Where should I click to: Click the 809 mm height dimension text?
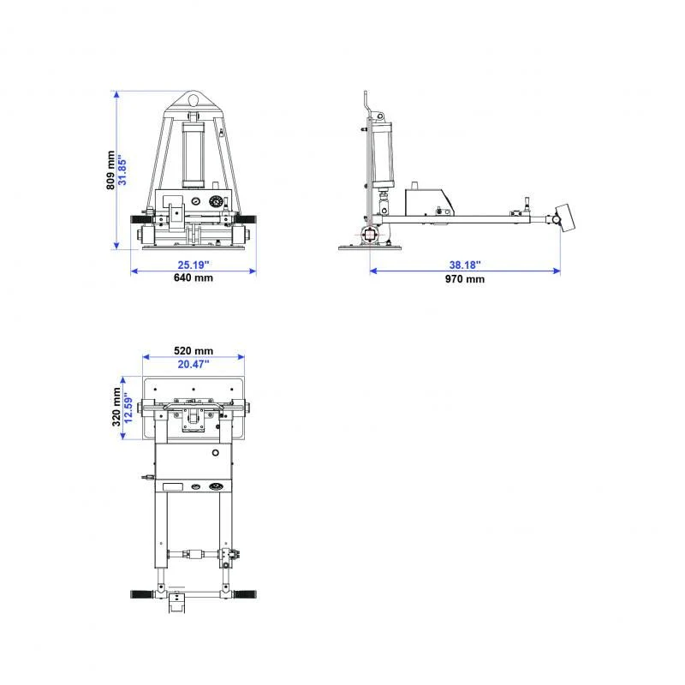[x=110, y=170]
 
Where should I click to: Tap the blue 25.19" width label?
[x=194, y=265]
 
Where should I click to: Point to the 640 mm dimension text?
[x=194, y=277]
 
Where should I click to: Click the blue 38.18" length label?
[x=465, y=265]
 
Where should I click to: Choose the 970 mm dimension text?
[x=465, y=279]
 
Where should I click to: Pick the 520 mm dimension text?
[x=194, y=351]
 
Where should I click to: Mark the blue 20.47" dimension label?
[x=194, y=364]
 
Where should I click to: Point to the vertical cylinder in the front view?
[x=194, y=154]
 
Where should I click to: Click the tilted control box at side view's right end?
[x=564, y=217]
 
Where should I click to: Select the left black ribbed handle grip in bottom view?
[x=141, y=593]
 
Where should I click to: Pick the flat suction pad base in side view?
[x=369, y=248]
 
